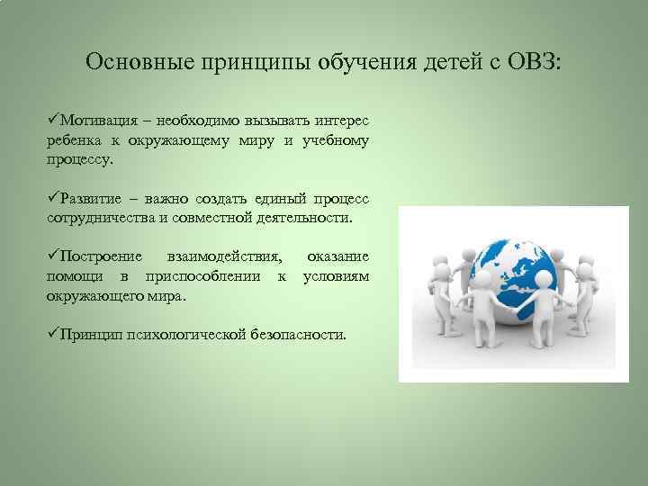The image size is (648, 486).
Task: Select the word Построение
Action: coord(100,257)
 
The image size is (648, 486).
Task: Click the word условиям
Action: coord(336,276)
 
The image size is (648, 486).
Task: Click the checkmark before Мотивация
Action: coord(53,121)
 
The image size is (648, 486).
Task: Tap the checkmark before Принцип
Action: coord(53,334)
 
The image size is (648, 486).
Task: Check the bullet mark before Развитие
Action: coord(53,198)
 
